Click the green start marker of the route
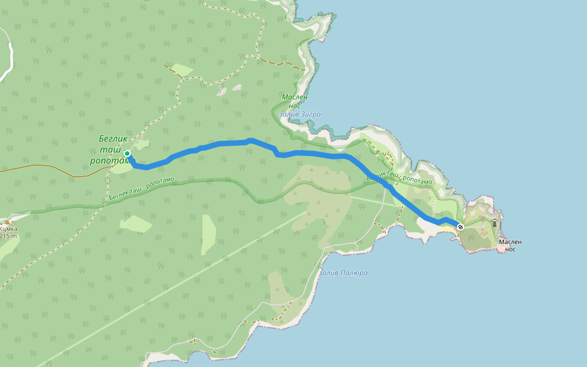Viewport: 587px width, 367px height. (x=127, y=154)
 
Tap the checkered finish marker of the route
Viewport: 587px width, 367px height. (x=460, y=227)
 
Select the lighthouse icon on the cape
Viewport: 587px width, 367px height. (x=494, y=223)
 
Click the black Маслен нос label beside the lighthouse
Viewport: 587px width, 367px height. (x=510, y=245)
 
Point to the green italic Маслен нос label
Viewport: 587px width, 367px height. (x=295, y=101)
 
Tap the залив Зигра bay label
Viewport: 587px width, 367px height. (x=300, y=114)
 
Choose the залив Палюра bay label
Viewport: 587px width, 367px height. (x=343, y=273)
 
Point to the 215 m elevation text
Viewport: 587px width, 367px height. (x=9, y=236)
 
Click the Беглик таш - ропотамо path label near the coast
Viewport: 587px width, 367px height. (x=399, y=179)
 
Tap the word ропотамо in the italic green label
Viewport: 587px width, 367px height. (x=109, y=161)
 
